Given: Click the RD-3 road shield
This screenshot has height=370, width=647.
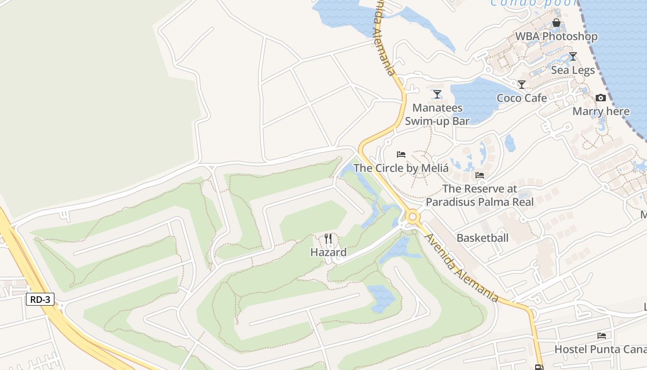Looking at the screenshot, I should point(40,299).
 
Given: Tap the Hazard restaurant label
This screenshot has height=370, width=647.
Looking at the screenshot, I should point(328,253).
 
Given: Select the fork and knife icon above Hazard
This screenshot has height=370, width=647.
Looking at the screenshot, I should point(328,239).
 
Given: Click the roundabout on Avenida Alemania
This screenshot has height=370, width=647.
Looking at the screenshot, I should point(412,216).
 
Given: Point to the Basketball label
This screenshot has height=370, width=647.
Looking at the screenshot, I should point(482,238).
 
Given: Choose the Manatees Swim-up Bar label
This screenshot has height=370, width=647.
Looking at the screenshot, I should point(437,114).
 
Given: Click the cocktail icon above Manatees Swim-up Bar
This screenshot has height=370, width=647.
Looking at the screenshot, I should point(437,94).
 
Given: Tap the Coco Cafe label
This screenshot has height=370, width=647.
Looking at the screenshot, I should point(522,98).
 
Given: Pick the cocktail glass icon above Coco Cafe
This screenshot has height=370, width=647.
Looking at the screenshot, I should point(522,85).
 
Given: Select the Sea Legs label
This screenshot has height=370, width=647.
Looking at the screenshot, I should point(573,70).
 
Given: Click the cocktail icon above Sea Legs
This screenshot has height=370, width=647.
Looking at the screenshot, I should point(573,56).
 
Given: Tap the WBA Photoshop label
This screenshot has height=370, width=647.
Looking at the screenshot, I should point(556,36).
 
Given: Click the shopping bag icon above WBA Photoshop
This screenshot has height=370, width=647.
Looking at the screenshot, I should point(556,23).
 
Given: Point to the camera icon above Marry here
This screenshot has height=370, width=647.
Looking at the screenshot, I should point(600,98).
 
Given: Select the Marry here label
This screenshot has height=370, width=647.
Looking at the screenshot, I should point(601,111).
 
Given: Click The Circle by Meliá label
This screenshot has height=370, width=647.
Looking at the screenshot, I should point(401,168).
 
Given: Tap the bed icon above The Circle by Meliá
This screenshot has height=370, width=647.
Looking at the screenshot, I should point(401,154).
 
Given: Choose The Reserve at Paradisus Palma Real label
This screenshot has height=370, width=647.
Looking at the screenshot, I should point(480,195).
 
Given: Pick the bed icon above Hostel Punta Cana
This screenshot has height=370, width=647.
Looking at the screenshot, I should point(601,335).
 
